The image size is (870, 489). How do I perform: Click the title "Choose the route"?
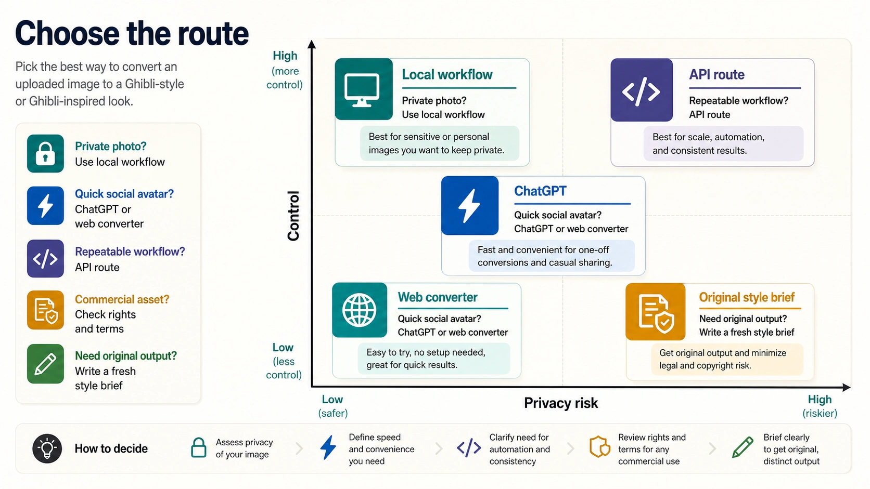[x=132, y=34]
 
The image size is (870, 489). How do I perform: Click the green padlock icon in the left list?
[x=45, y=154]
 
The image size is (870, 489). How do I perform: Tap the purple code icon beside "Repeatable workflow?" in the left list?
[x=45, y=259]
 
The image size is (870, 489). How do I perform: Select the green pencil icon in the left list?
[x=45, y=364]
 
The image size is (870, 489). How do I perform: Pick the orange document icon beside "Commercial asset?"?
[x=45, y=310]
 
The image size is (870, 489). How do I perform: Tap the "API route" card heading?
[x=717, y=74]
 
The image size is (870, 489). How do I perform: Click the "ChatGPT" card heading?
[x=540, y=191]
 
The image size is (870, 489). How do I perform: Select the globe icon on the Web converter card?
[x=359, y=310]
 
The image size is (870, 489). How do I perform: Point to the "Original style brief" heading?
[x=747, y=297]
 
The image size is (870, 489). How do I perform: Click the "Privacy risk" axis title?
[x=561, y=403]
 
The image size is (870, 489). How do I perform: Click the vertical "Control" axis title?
[x=293, y=216]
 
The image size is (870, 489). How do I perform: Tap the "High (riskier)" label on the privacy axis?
[x=820, y=406]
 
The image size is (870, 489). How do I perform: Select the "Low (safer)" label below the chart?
[x=333, y=406]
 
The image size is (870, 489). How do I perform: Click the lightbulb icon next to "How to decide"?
[x=47, y=448]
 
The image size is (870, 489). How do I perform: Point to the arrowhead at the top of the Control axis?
[x=312, y=44]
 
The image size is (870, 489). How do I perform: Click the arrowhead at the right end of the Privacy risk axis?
[x=847, y=387]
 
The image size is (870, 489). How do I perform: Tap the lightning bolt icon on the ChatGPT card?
[x=469, y=206]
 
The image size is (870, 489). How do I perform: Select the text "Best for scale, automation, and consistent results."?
[x=708, y=143]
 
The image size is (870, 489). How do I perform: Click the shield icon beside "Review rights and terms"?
[x=599, y=447]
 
